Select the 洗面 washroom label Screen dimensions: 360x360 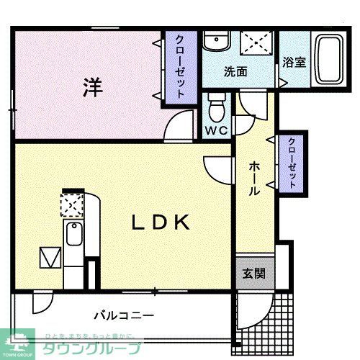pos(235,72)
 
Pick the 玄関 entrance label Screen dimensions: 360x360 pos(253,274)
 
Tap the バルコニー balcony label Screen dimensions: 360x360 pos(124,315)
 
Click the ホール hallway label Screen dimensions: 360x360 pos(254,179)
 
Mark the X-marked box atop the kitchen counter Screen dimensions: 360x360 pos(72,204)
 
